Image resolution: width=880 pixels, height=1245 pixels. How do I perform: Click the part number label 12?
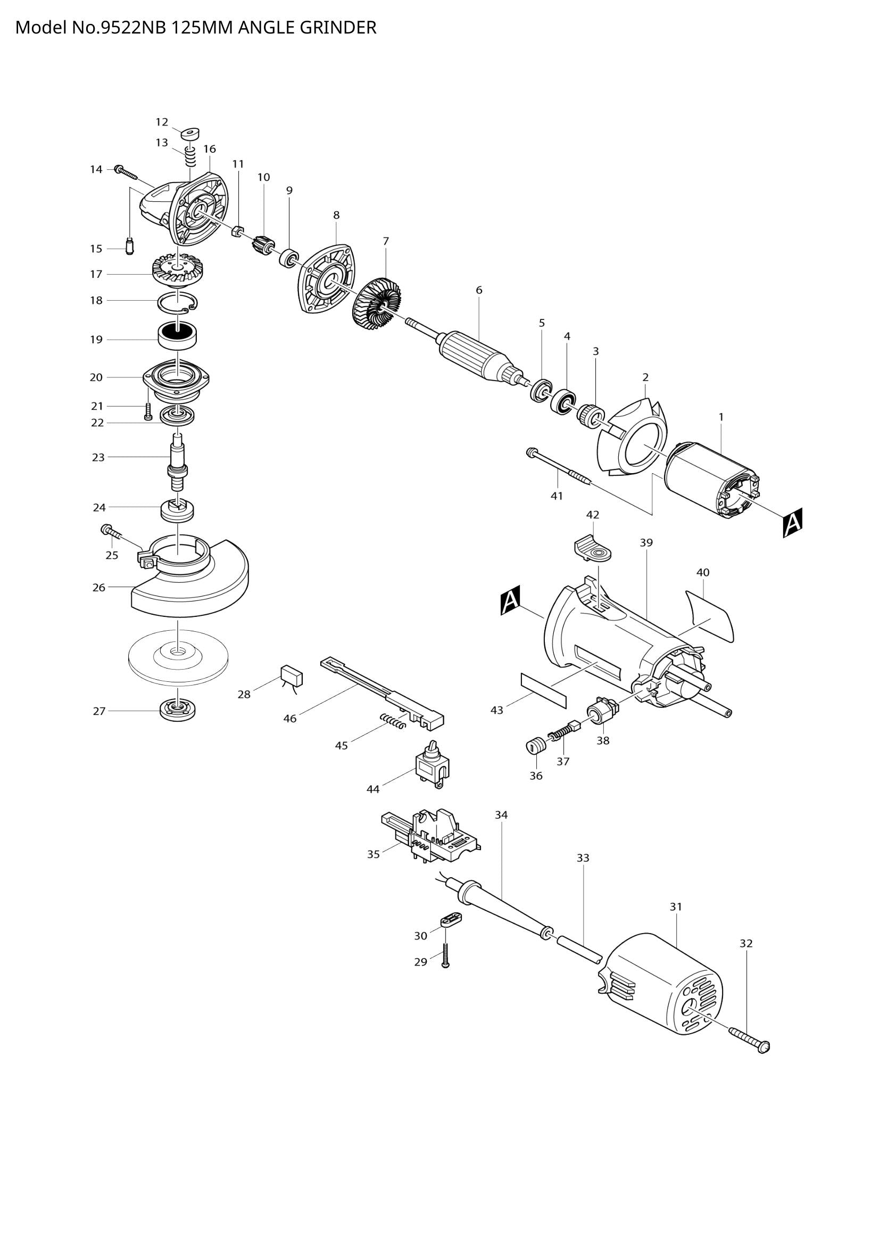click(x=162, y=122)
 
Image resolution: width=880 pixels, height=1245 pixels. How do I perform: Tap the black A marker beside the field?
click(x=792, y=523)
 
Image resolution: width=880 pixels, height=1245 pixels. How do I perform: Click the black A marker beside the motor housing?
click(x=510, y=600)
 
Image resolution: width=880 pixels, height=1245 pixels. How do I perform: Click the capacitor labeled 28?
click(x=292, y=677)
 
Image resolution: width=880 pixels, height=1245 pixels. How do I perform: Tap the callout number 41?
click(x=557, y=496)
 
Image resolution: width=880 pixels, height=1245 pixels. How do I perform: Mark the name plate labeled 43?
click(x=543, y=690)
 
